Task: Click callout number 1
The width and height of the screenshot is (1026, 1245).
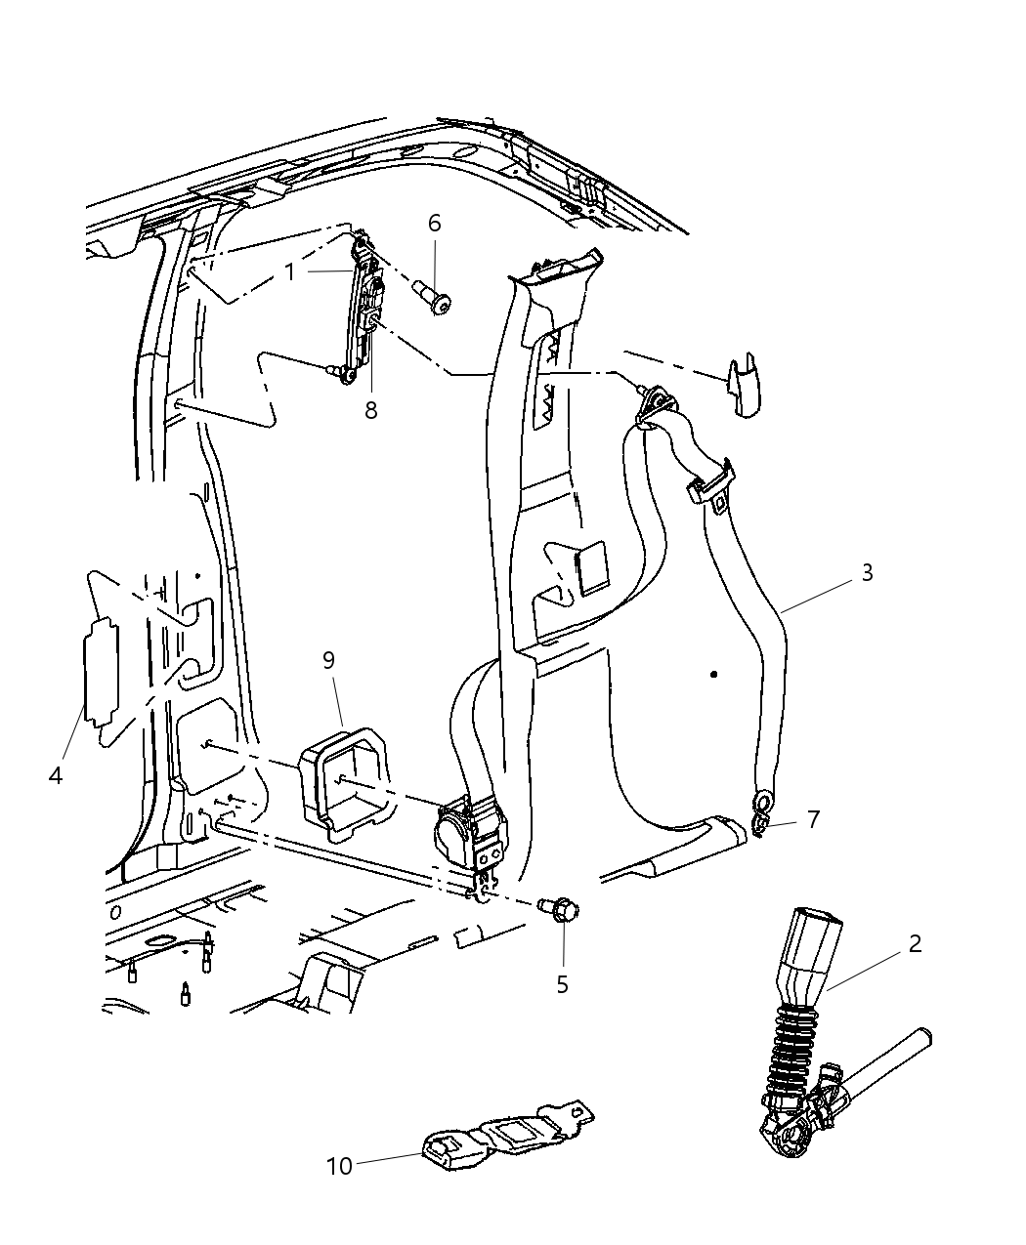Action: point(290,271)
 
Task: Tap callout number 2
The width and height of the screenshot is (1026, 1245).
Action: point(915,943)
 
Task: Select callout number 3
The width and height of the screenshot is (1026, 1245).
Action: point(867,572)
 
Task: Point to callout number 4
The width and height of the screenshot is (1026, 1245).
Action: point(55,775)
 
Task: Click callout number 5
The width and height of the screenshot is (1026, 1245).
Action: point(562,984)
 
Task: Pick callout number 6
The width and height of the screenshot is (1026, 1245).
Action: point(434,223)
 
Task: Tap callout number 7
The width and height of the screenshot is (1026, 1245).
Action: point(813,818)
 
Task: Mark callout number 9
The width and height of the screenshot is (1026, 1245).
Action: point(328,660)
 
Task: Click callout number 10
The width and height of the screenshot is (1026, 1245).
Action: point(339,1166)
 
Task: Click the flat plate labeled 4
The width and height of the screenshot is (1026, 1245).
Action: point(100,672)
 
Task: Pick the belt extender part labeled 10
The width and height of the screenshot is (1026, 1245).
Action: point(498,1139)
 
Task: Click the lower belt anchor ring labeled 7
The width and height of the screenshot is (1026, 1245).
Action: point(763,806)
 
